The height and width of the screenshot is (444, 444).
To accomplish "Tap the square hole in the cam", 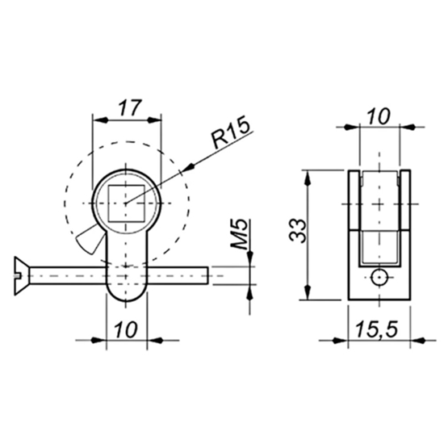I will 126,202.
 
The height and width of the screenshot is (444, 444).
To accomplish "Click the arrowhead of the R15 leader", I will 189,169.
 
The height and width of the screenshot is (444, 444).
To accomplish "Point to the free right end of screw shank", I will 207,275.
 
